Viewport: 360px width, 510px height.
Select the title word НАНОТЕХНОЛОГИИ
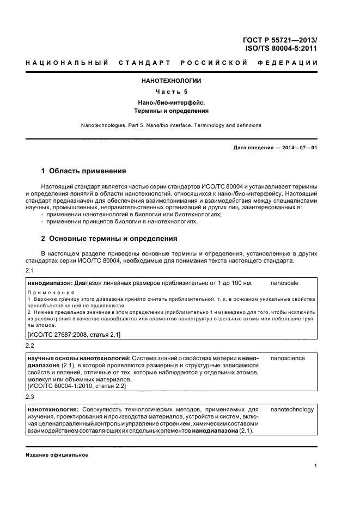172,81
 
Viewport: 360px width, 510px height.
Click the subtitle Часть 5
172,92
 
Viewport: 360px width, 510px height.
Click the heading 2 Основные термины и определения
109,239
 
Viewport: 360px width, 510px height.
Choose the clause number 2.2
30,346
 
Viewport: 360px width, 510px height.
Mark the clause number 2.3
30,397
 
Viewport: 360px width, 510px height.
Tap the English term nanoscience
288,358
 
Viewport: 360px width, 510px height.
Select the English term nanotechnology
292,409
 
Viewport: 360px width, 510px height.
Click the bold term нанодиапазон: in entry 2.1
50,283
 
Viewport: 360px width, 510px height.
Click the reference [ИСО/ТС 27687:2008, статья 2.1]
74,334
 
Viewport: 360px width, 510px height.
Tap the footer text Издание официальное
57,454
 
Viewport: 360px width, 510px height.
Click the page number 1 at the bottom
315,465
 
